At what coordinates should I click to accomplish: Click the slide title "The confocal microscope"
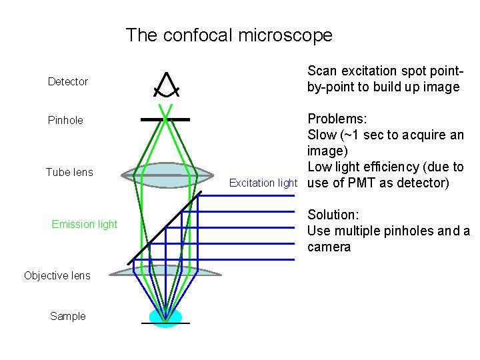229,35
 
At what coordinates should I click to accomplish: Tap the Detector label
68,82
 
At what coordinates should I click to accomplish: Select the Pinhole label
65,121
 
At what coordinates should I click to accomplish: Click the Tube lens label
69,173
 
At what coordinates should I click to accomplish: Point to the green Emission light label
84,225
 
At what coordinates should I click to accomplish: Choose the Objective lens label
57,276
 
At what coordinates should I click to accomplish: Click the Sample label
68,317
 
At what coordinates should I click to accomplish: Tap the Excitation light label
263,183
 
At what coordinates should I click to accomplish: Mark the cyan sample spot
165,317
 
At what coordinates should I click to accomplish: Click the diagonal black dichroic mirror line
164,227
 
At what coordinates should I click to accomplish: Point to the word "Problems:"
337,119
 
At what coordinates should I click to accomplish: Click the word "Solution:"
333,215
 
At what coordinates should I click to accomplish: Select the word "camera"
329,247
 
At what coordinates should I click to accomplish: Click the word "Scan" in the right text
323,71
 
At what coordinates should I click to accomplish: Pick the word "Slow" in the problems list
322,135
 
